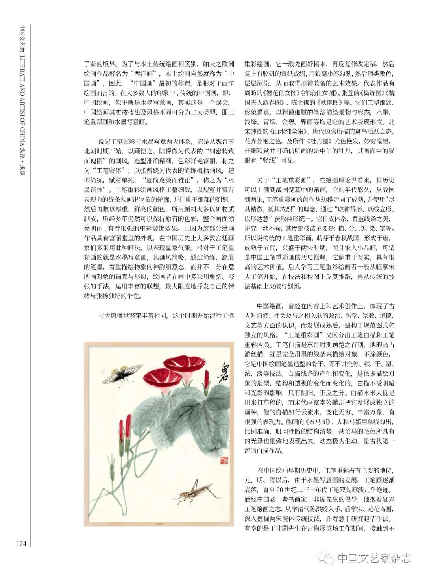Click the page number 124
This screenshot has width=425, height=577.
(21, 544)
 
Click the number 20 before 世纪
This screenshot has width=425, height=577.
(280, 490)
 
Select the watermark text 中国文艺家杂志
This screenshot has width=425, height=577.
(374, 558)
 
